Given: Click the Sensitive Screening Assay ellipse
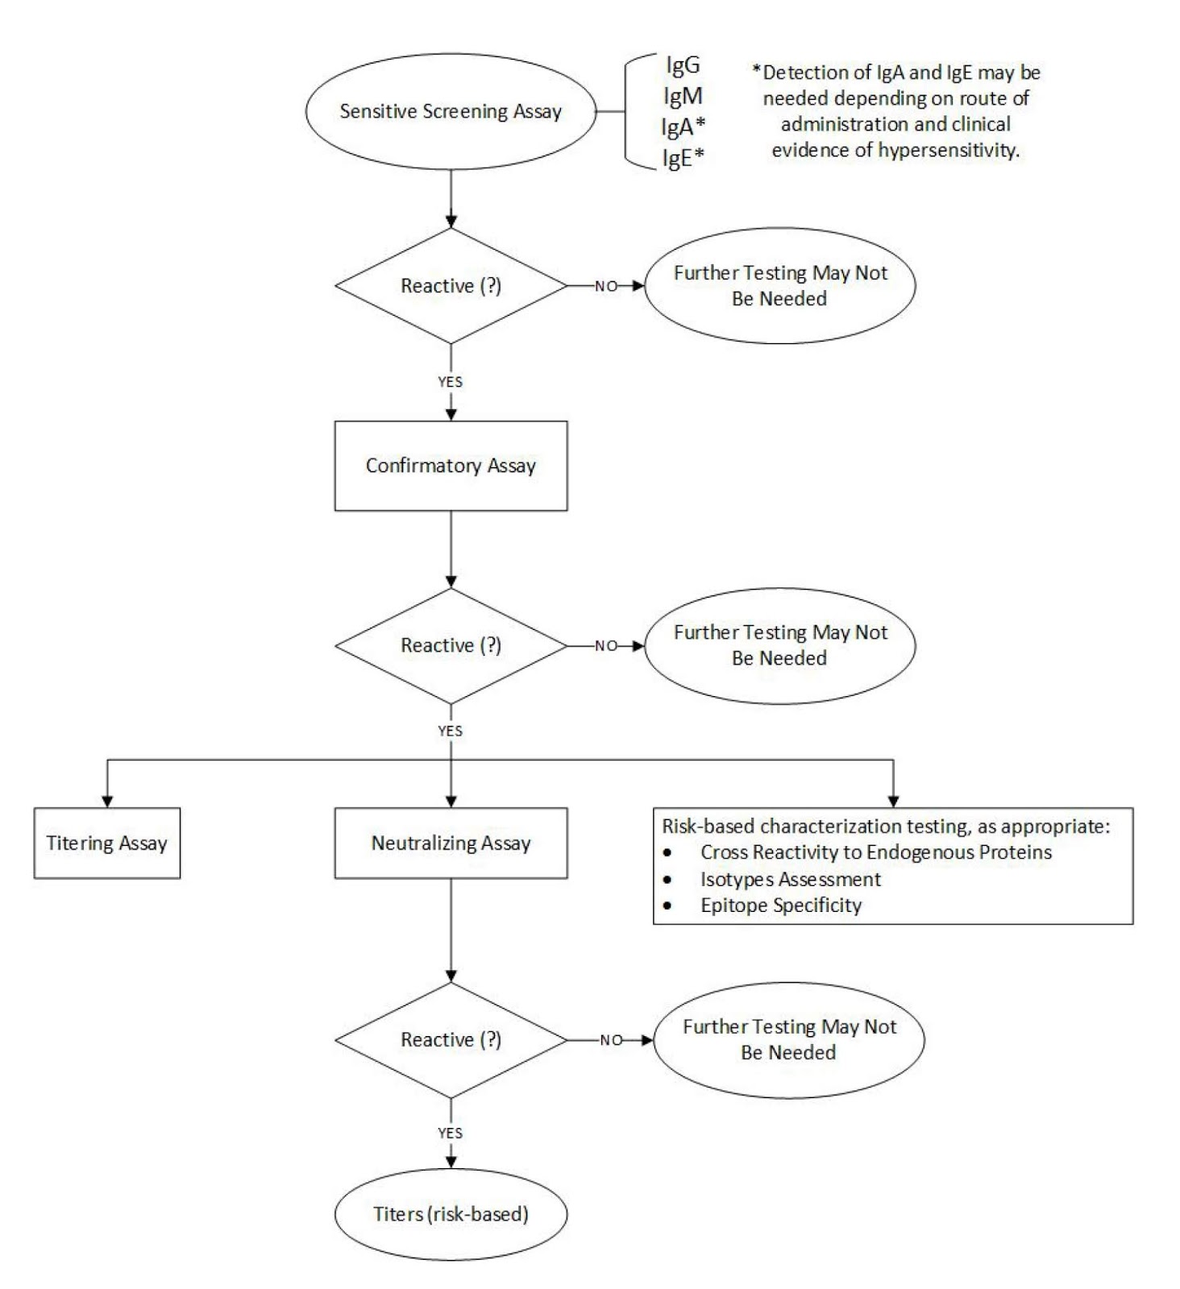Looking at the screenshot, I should [451, 111].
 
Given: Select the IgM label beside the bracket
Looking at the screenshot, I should [683, 96].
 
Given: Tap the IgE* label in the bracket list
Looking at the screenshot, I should [683, 157].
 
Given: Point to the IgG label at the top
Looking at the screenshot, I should [683, 64].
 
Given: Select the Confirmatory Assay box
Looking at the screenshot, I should [451, 466].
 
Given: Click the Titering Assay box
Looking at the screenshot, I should [106, 843].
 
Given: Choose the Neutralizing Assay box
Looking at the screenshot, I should [451, 843].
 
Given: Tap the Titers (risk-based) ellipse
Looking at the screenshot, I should [451, 1213].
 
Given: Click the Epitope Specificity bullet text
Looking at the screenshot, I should [780, 905].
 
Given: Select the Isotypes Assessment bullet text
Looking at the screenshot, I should [790, 879].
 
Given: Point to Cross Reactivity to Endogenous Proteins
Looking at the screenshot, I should [875, 852].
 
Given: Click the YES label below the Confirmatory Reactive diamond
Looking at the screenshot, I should [450, 731].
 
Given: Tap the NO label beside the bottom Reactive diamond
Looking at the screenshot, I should [611, 1040].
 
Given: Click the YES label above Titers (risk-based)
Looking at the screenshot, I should [450, 1133].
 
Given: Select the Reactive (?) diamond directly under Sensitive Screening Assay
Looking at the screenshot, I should [451, 286].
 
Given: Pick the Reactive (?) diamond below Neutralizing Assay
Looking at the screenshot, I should [451, 1040].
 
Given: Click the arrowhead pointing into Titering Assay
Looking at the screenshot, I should [107, 801].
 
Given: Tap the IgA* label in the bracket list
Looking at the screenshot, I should [683, 126].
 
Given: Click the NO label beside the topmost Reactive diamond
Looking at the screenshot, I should [605, 286].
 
